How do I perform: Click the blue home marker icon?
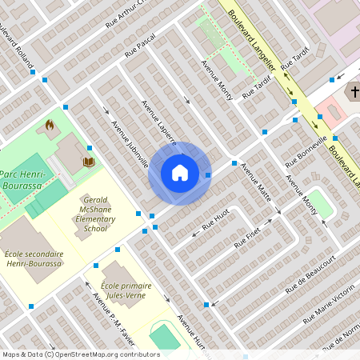(180, 173)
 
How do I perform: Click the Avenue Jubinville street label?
(130, 145)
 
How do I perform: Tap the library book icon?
(88, 162)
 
